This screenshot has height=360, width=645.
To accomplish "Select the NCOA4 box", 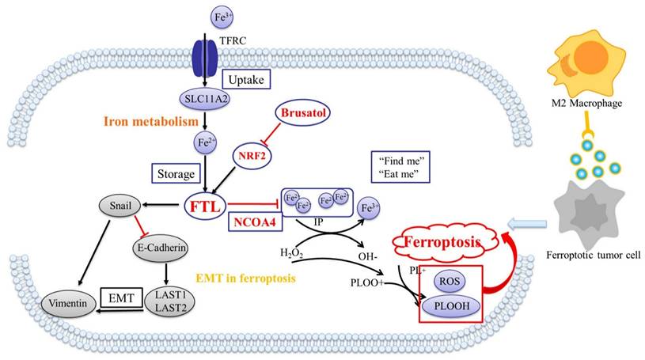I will coord(252,222).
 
